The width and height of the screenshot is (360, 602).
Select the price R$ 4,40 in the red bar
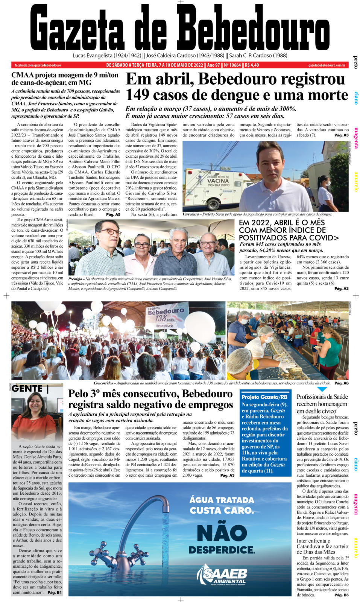point(252,65)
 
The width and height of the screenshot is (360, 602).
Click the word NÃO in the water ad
point(222,533)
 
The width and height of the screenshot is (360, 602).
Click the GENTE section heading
point(27,389)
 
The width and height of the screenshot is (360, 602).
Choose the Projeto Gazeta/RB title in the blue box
point(264,397)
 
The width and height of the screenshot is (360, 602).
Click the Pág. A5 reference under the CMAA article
point(113,214)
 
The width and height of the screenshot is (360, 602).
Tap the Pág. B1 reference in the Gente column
point(55,592)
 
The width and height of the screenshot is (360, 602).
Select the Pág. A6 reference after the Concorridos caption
point(341,383)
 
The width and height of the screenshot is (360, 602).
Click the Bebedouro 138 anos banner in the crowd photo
point(165,317)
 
